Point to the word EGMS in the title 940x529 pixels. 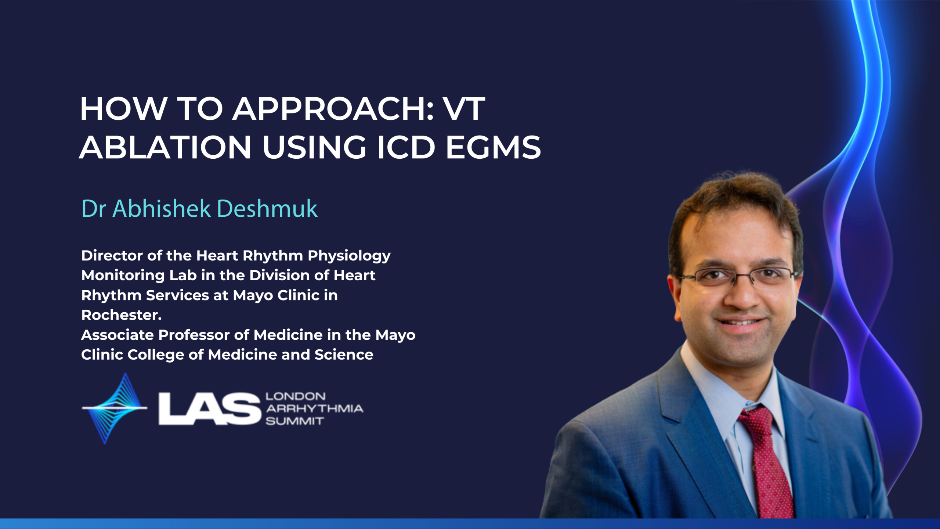pos(493,147)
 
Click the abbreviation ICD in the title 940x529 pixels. pos(406,147)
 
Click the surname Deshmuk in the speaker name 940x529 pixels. pos(267,209)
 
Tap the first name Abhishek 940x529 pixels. pos(162,209)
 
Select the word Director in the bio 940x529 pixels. pos(112,256)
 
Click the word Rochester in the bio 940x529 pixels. pos(120,315)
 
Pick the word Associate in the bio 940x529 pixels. pos(117,335)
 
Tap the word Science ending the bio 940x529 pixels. pos(344,355)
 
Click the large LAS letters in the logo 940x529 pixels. pos(210,409)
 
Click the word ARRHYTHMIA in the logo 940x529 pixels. pos(315,409)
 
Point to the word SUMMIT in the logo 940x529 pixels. pos(295,421)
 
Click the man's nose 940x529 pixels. pos(742,294)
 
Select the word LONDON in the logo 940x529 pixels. pos(296,396)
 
